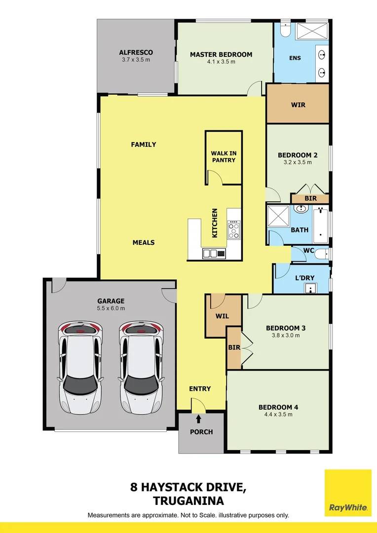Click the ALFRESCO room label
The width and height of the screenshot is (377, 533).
(x=136, y=52)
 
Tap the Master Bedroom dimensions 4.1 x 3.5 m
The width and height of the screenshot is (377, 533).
(x=221, y=62)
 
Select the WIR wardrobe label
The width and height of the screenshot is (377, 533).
(x=298, y=105)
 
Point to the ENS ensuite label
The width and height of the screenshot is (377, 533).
(x=295, y=58)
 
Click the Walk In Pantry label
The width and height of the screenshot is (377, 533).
(x=224, y=157)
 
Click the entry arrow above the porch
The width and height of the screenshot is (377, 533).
(x=199, y=419)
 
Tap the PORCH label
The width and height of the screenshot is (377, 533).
(x=201, y=432)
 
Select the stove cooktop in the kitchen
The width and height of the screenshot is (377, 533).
(x=233, y=230)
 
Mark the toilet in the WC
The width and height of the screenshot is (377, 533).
(x=321, y=254)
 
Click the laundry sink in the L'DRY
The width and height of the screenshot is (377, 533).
(x=310, y=289)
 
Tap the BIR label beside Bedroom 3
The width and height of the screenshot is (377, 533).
(x=234, y=347)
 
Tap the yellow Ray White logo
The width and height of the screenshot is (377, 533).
(x=348, y=492)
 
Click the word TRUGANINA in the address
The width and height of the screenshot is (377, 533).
(x=188, y=501)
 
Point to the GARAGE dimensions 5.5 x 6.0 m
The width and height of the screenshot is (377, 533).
(x=111, y=308)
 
